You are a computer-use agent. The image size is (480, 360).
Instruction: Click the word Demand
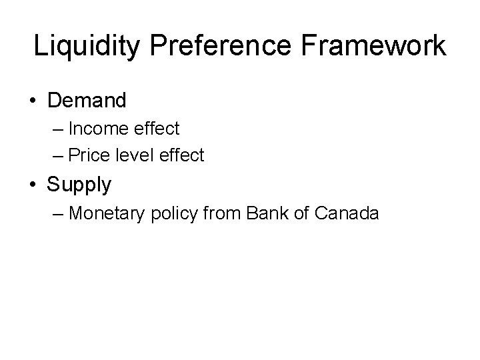[x=87, y=101]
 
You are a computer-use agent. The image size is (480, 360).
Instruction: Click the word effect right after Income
[x=157, y=127]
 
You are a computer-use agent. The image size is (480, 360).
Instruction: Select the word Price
[x=92, y=155]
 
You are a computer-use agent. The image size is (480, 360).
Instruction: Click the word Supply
[x=79, y=185]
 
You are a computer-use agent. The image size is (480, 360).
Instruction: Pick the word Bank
[x=264, y=213]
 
